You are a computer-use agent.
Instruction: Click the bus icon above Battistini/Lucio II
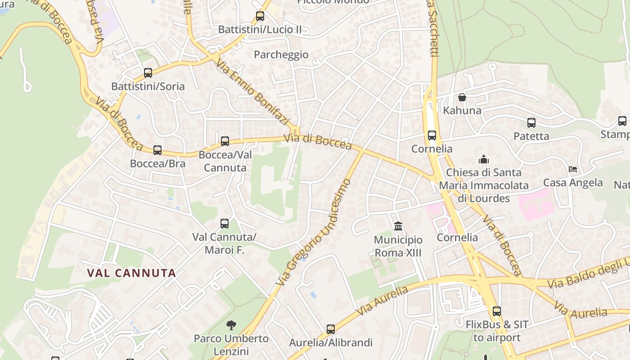click(260, 16)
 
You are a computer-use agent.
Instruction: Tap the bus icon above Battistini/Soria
click(148, 72)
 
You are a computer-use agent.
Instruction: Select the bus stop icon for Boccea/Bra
click(157, 150)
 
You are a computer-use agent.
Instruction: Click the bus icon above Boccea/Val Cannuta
click(225, 141)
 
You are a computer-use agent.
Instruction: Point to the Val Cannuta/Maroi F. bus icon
click(225, 223)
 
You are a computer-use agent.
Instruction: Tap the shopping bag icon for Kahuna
click(462, 97)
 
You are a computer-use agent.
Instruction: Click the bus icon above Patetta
click(531, 123)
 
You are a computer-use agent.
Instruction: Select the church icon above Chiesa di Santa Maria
click(484, 159)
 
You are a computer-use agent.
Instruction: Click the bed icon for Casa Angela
click(573, 169)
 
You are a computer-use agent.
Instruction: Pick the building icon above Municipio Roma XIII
click(398, 226)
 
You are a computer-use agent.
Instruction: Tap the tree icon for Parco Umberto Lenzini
click(231, 325)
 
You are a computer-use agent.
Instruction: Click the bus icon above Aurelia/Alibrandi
click(331, 329)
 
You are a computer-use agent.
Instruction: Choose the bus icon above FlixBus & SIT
click(497, 311)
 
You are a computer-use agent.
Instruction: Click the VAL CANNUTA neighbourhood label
click(131, 273)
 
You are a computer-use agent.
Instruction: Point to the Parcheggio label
click(281, 55)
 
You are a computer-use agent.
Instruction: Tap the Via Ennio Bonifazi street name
click(252, 92)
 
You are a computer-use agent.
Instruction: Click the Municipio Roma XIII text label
click(398, 246)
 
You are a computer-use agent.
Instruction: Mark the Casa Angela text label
click(573, 183)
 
